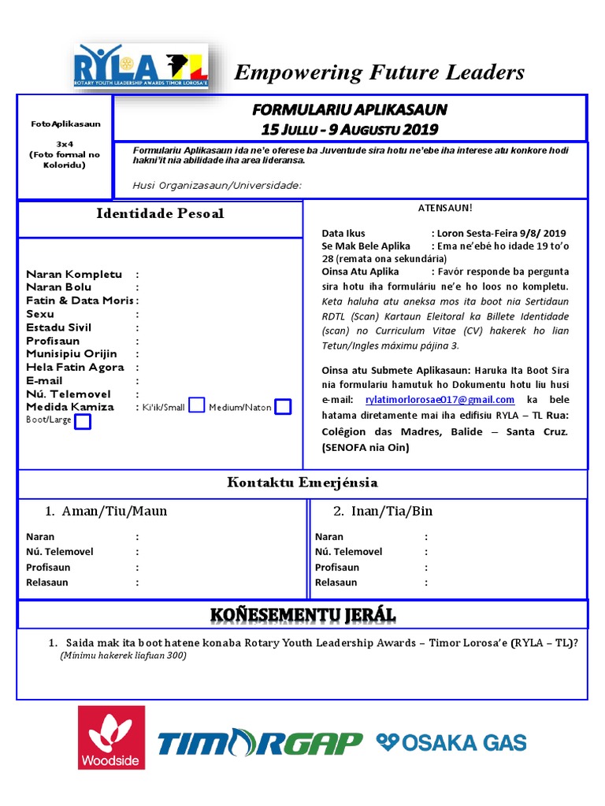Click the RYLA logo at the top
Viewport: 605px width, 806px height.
click(141, 68)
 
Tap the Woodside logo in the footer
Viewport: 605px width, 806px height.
click(111, 738)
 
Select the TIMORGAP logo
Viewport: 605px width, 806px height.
click(260, 742)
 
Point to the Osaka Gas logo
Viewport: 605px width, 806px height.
click(451, 741)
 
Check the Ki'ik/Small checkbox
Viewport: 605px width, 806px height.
click(197, 405)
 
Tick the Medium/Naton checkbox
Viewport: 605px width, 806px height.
click(283, 406)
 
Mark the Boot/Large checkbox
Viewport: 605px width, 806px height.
click(82, 421)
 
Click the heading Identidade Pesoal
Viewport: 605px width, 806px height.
click(160, 213)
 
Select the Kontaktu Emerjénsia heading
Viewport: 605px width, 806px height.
click(302, 482)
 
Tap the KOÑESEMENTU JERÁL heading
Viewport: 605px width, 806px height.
click(302, 614)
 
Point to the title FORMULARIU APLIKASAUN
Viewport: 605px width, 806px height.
click(349, 109)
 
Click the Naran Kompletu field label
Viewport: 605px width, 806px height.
click(74, 275)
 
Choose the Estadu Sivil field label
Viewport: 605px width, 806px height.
click(59, 327)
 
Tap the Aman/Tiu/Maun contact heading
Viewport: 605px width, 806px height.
click(106, 511)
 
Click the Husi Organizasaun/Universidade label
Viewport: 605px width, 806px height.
click(217, 185)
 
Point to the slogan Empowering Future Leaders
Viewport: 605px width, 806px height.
click(380, 72)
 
